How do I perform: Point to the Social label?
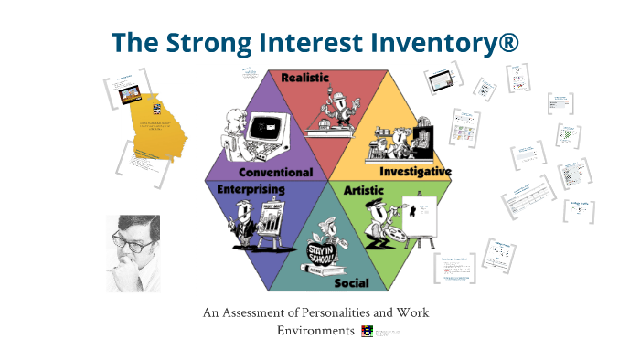click(351, 283)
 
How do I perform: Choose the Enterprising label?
click(251, 189)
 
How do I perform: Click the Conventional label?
click(275, 172)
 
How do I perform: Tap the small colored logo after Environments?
click(367, 330)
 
